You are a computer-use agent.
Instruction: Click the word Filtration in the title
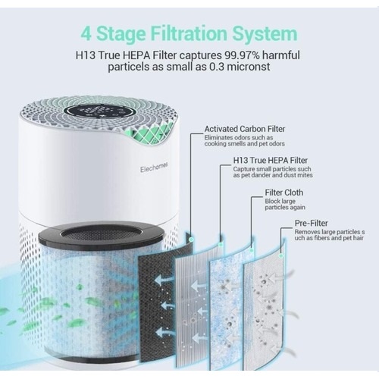(189, 33)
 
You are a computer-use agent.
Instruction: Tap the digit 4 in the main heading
(86, 34)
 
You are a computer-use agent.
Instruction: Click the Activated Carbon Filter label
(245, 129)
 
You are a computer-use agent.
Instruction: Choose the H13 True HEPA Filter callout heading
(270, 161)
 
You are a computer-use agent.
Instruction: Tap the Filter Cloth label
(283, 193)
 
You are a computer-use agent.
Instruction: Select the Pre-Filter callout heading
(311, 223)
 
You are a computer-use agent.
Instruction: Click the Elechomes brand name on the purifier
(154, 167)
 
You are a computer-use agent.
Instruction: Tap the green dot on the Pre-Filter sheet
(280, 256)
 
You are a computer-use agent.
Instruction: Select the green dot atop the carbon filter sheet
(191, 239)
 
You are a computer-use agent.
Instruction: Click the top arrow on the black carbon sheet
(162, 280)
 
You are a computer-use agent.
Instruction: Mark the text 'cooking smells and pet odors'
(245, 144)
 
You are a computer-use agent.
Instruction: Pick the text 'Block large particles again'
(285, 205)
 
